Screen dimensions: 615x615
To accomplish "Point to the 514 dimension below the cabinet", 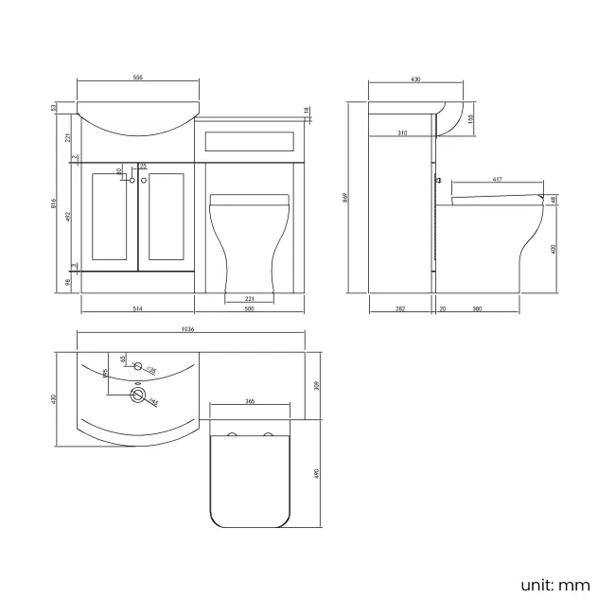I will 137,309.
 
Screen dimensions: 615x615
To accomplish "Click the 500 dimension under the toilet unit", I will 249,309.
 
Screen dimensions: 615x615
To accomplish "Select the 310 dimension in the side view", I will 402,133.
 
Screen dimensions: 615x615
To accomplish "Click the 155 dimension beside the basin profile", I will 471,117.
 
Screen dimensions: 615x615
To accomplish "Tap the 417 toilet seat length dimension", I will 496,180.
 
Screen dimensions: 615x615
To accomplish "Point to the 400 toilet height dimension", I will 555,248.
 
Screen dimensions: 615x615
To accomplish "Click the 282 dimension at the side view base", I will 400,309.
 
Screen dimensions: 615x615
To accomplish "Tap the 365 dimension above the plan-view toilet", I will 250,402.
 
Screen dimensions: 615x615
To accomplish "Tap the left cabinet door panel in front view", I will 111,217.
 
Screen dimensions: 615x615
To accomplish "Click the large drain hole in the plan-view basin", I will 140,395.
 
